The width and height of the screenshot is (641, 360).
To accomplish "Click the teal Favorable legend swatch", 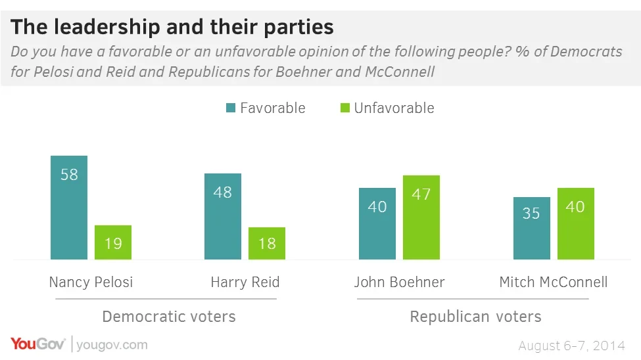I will pyautogui.click(x=230, y=108).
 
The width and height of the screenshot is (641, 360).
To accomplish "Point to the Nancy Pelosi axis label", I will pyautogui.click(x=91, y=282).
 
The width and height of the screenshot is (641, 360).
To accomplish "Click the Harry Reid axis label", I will pyautogui.click(x=245, y=282).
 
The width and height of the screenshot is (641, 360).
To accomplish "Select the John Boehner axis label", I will pyautogui.click(x=399, y=282).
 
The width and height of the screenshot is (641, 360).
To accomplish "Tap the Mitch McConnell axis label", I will pyautogui.click(x=554, y=282).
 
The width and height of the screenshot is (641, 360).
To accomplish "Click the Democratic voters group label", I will pyautogui.click(x=169, y=317).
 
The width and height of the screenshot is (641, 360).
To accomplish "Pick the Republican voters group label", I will pyautogui.click(x=475, y=317).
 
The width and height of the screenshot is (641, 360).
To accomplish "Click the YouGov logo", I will pyautogui.click(x=37, y=344).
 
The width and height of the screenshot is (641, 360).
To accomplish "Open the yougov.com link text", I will pyautogui.click(x=112, y=345).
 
